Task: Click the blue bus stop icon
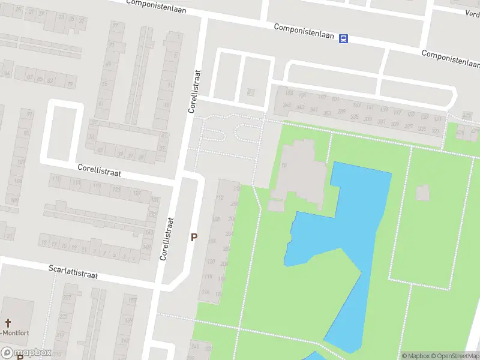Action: (x=343, y=39)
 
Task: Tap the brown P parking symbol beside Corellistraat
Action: (x=194, y=238)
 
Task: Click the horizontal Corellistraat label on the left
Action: (x=100, y=172)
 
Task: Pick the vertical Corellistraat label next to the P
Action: (x=167, y=238)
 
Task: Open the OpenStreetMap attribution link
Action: (x=455, y=356)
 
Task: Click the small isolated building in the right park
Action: (x=422, y=193)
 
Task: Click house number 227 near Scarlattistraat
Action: (x=67, y=298)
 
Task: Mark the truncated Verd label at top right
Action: (x=472, y=13)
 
